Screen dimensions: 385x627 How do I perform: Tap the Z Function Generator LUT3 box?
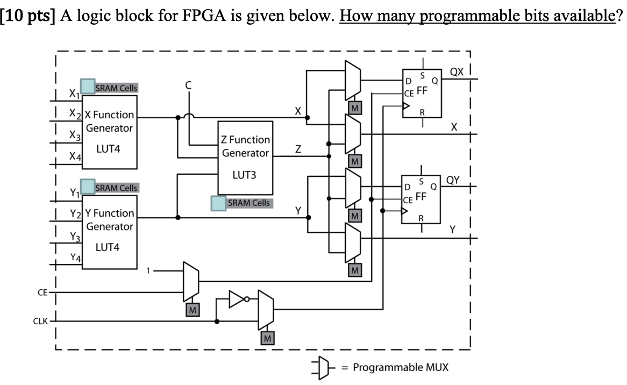pyautogui.click(x=246, y=158)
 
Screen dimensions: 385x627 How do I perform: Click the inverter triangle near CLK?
pyautogui.click(x=237, y=299)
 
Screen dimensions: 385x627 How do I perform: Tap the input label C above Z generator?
pyautogui.click(x=188, y=84)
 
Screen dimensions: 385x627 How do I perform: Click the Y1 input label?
pyautogui.click(x=73, y=192)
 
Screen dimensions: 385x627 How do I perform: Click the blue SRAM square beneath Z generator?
pyautogui.click(x=218, y=203)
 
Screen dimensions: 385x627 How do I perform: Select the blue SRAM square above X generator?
pyautogui.click(x=87, y=85)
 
